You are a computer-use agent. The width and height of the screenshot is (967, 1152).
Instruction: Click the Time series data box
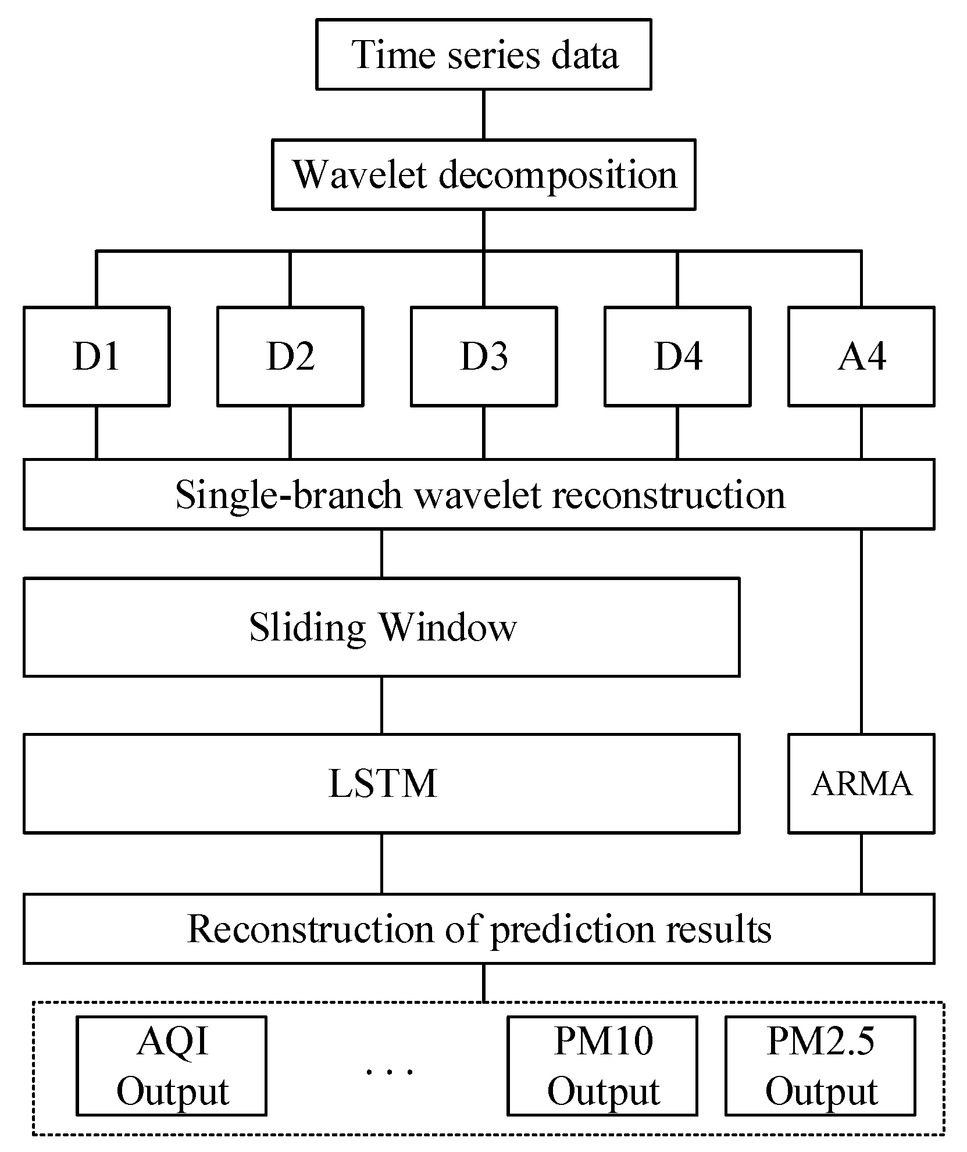tap(483, 55)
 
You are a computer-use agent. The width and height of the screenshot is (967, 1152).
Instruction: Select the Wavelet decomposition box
tap(483, 174)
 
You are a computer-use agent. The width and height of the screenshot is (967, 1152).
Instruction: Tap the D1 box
tap(97, 356)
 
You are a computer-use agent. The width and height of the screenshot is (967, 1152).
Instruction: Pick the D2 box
tap(290, 356)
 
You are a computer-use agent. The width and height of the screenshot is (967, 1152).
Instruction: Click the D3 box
tap(483, 356)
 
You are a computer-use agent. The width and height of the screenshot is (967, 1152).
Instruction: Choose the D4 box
tap(677, 356)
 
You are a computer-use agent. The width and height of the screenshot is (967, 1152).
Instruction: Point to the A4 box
tap(861, 356)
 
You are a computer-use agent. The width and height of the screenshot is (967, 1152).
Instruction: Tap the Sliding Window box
tap(381, 627)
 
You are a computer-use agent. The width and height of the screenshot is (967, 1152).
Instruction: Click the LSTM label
tap(382, 783)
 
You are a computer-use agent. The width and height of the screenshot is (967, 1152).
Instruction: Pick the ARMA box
tap(861, 783)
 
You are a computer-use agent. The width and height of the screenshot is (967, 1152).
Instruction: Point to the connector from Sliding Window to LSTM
tap(381, 705)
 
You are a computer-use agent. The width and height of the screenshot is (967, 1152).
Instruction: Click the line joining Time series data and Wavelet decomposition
tap(483, 115)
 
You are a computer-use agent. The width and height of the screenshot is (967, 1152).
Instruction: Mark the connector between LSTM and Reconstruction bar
tap(381, 863)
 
